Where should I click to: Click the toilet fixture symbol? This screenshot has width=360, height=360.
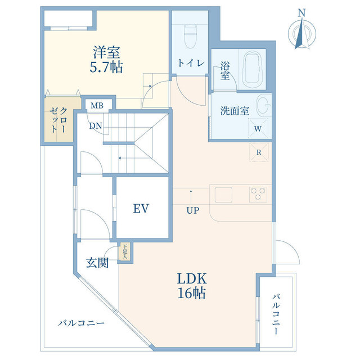click(x=191, y=37)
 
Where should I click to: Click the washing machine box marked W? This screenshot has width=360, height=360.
click(x=258, y=128)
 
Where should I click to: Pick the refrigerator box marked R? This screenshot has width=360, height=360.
click(x=259, y=152)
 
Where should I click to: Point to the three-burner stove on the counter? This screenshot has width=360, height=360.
click(x=258, y=195)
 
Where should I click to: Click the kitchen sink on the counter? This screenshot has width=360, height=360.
click(x=223, y=195)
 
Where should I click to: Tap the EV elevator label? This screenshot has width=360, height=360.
click(x=141, y=209)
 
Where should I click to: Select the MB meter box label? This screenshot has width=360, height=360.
click(x=97, y=106)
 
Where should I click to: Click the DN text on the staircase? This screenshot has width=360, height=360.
click(x=96, y=126)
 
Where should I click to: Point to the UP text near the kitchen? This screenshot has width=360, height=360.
click(x=192, y=210)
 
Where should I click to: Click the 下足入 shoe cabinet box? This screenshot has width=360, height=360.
click(x=125, y=251)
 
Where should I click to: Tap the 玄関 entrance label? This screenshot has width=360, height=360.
click(x=97, y=263)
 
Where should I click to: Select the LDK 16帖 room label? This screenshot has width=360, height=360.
click(x=192, y=286)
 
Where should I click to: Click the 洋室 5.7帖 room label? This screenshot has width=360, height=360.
click(x=106, y=60)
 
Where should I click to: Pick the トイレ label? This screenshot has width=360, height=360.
click(x=191, y=63)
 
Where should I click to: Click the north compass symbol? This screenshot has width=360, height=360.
click(x=302, y=34)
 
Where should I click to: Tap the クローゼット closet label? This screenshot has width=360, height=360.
click(x=58, y=120)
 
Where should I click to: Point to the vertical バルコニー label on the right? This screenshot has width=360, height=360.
click(x=276, y=314)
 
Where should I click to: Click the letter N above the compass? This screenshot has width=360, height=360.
click(x=301, y=13)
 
